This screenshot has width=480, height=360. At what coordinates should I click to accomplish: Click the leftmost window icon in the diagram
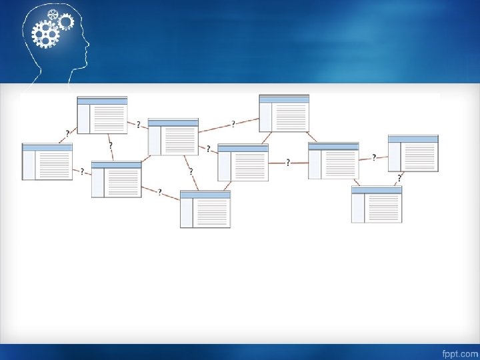point(47,161)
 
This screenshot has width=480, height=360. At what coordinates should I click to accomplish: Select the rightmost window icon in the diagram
point(413,153)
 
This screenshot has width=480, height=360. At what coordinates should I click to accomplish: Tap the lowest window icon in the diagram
point(205,209)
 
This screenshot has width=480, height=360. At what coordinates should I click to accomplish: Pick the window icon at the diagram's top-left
point(102,115)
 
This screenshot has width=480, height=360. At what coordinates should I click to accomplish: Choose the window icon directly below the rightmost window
point(377,204)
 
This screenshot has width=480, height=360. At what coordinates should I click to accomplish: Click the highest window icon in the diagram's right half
point(284,113)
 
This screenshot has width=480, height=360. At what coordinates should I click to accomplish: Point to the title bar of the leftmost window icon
point(47,147)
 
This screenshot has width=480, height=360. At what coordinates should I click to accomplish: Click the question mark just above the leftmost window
point(67,133)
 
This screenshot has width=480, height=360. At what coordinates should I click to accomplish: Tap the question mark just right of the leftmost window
point(82,171)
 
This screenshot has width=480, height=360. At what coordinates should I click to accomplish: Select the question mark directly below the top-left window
point(110,145)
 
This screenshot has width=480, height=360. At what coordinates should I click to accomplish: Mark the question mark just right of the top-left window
point(138,124)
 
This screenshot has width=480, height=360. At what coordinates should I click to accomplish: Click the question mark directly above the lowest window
point(191,171)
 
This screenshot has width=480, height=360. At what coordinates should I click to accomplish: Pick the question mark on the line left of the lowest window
point(159,191)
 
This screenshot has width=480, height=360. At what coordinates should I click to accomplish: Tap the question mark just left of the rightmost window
point(373,158)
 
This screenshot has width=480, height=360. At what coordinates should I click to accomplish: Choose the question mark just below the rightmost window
point(399,178)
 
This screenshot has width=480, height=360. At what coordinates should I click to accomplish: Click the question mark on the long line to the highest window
point(233,123)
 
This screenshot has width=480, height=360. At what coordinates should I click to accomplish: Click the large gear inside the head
point(45,33)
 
